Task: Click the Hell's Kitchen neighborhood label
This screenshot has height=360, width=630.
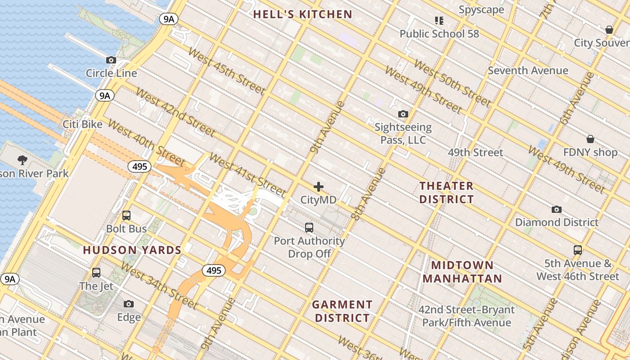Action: click(302, 14)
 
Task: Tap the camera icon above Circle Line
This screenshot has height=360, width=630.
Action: click(111, 60)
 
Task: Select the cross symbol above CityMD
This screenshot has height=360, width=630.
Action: click(319, 187)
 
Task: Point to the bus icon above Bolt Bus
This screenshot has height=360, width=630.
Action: click(126, 216)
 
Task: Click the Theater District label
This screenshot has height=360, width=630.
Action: click(446, 192)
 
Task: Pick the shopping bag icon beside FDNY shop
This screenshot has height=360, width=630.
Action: click(590, 139)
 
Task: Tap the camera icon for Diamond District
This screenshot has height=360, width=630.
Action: click(557, 209)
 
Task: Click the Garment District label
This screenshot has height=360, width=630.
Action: click(342, 311)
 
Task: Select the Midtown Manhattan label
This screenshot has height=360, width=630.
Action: click(462, 272)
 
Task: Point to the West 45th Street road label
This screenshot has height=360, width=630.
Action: click(226, 71)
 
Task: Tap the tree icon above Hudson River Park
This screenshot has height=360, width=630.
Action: click(22, 160)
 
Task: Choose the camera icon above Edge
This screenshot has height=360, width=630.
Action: click(129, 304)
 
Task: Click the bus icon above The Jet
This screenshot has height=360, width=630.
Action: click(96, 272)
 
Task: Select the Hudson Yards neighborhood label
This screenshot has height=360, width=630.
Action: click(132, 250)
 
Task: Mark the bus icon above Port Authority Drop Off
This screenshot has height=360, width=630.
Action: click(309, 228)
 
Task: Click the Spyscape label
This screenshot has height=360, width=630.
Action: click(481, 9)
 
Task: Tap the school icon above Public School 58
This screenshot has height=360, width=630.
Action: click(439, 20)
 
